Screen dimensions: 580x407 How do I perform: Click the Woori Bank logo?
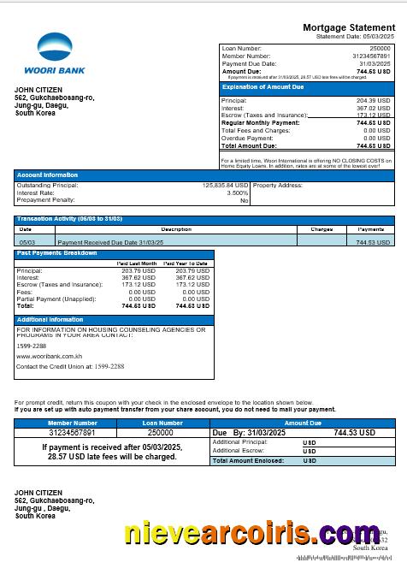pos(55,53)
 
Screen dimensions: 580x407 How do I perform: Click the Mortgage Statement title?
pos(349,28)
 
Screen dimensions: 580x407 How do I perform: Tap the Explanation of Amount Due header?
pos(263,87)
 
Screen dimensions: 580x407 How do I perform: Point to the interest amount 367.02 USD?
pos(372,108)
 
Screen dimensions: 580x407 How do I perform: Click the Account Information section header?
pos(48,175)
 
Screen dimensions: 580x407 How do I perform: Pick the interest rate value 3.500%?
pos(237,192)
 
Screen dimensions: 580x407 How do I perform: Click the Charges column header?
pos(321,229)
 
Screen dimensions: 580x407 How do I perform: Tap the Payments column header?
pos(370,229)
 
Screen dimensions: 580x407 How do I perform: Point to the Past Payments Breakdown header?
pos(57,253)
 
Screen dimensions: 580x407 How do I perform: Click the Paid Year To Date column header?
pos(186,263)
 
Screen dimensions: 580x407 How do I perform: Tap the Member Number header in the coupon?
pos(72,423)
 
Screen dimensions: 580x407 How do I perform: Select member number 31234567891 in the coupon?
pos(72,433)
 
